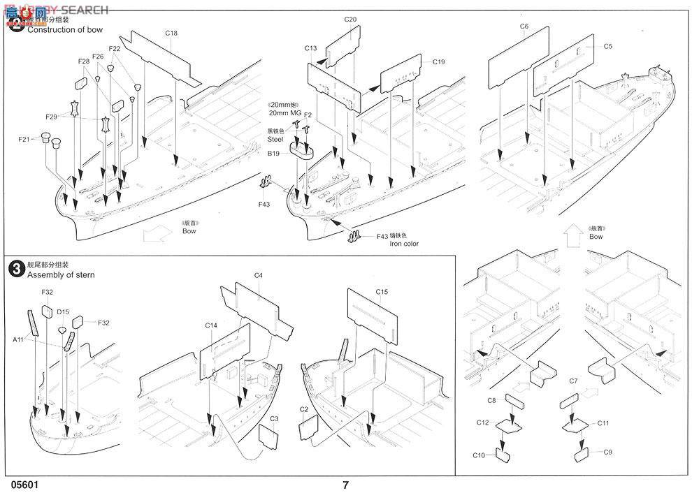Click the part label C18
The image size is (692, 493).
pyautogui.click(x=171, y=33)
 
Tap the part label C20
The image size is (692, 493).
pyautogui.click(x=350, y=20)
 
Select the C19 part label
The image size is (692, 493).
pyautogui.click(x=438, y=62)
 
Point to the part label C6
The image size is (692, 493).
pyautogui.click(x=524, y=26)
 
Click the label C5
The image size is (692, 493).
pyautogui.click(x=607, y=47)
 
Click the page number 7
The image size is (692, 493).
pyautogui.click(x=345, y=484)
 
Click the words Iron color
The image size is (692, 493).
pyautogui.click(x=405, y=244)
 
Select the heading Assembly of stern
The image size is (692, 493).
pyautogui.click(x=61, y=274)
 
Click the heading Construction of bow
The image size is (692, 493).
pyautogui.click(x=65, y=29)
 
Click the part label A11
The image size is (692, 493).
pyautogui.click(x=19, y=339)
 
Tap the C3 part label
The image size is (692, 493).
pyautogui.click(x=275, y=419)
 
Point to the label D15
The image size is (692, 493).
pyautogui.click(x=63, y=311)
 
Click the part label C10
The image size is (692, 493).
pyautogui.click(x=479, y=455)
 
